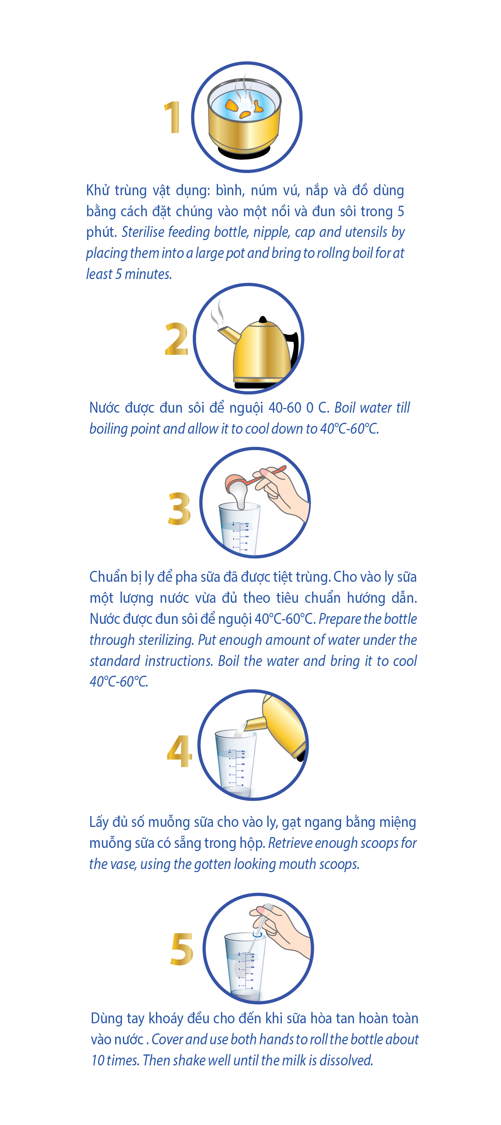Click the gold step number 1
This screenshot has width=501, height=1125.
(x=172, y=117)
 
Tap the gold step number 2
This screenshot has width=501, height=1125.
(x=176, y=339)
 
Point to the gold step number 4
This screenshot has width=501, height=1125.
(x=179, y=751)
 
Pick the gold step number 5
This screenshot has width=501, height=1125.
(x=182, y=948)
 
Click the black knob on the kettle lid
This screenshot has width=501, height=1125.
(x=263, y=319)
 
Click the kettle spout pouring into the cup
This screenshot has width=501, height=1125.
(x=255, y=724)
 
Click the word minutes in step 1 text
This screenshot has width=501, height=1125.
(x=148, y=274)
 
